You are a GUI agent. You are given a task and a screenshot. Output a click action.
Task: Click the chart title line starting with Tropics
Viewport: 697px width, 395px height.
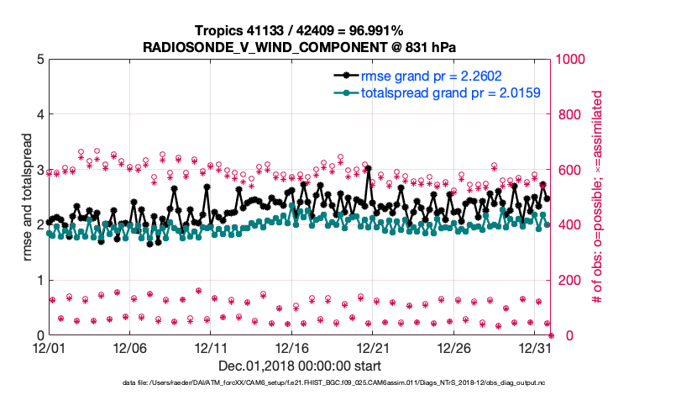[300, 30]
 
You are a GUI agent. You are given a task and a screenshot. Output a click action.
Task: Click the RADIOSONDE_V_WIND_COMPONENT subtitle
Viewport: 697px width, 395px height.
[300, 45]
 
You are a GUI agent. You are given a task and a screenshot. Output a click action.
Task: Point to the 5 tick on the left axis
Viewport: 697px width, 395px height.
[39, 60]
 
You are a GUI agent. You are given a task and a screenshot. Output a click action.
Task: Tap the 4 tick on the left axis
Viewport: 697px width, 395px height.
[39, 114]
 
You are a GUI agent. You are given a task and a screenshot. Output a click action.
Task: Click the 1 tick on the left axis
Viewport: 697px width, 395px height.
[39, 280]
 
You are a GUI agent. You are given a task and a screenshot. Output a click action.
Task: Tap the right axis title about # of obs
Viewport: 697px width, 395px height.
[598, 197]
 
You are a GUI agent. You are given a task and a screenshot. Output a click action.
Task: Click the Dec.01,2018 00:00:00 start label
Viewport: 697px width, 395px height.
[300, 366]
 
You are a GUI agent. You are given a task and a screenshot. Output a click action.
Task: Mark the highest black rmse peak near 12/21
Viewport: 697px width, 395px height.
[368, 169]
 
